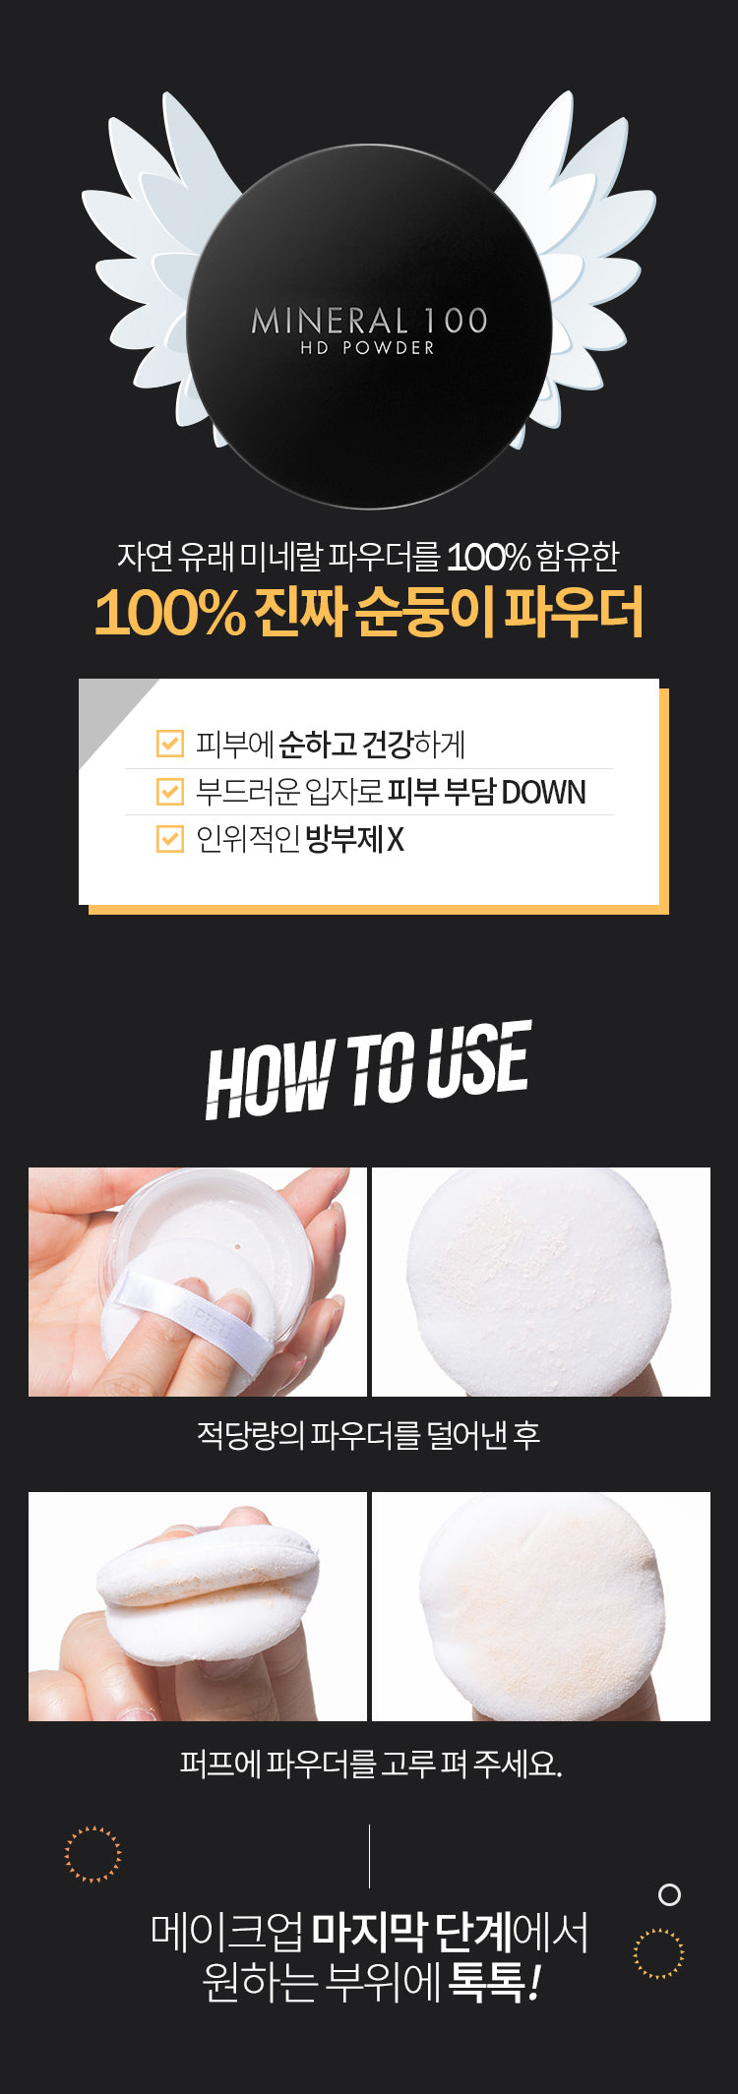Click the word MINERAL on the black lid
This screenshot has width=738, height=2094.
coord(331,321)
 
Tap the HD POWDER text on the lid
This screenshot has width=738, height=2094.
coord(367,348)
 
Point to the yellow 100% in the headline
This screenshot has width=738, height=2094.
coord(169,612)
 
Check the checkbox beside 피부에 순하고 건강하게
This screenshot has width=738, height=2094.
coord(170,744)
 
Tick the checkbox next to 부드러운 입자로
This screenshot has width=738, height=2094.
coord(170,791)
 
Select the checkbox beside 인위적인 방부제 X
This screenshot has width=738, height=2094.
coord(170,838)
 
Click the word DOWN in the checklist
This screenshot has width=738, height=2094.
coord(543,792)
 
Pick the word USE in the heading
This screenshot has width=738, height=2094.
coord(478,1060)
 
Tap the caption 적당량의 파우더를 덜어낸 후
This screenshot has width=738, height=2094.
coord(368,1435)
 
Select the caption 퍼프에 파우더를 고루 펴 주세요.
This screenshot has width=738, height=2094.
coord(370,1764)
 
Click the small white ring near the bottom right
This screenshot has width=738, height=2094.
coord(669,1894)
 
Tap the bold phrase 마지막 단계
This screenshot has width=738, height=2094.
coord(411,1933)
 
